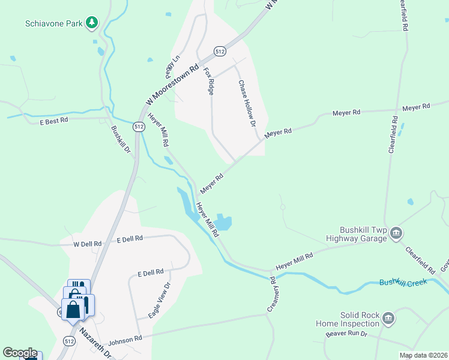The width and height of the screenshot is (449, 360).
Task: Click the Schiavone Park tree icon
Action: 92,23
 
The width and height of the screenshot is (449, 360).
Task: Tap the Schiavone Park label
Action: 54,24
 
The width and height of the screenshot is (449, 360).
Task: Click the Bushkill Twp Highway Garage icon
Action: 396,233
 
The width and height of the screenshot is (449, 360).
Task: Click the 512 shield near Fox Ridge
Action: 220,52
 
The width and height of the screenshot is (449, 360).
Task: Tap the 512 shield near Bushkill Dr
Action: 139,127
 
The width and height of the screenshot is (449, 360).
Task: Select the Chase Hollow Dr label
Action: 247,104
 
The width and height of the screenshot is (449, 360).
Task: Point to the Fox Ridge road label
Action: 209,82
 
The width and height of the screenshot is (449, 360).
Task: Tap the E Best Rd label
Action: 54,120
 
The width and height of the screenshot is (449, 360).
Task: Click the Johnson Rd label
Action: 125,339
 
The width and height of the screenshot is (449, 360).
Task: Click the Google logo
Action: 20,353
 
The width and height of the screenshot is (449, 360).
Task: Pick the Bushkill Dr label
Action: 120,139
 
